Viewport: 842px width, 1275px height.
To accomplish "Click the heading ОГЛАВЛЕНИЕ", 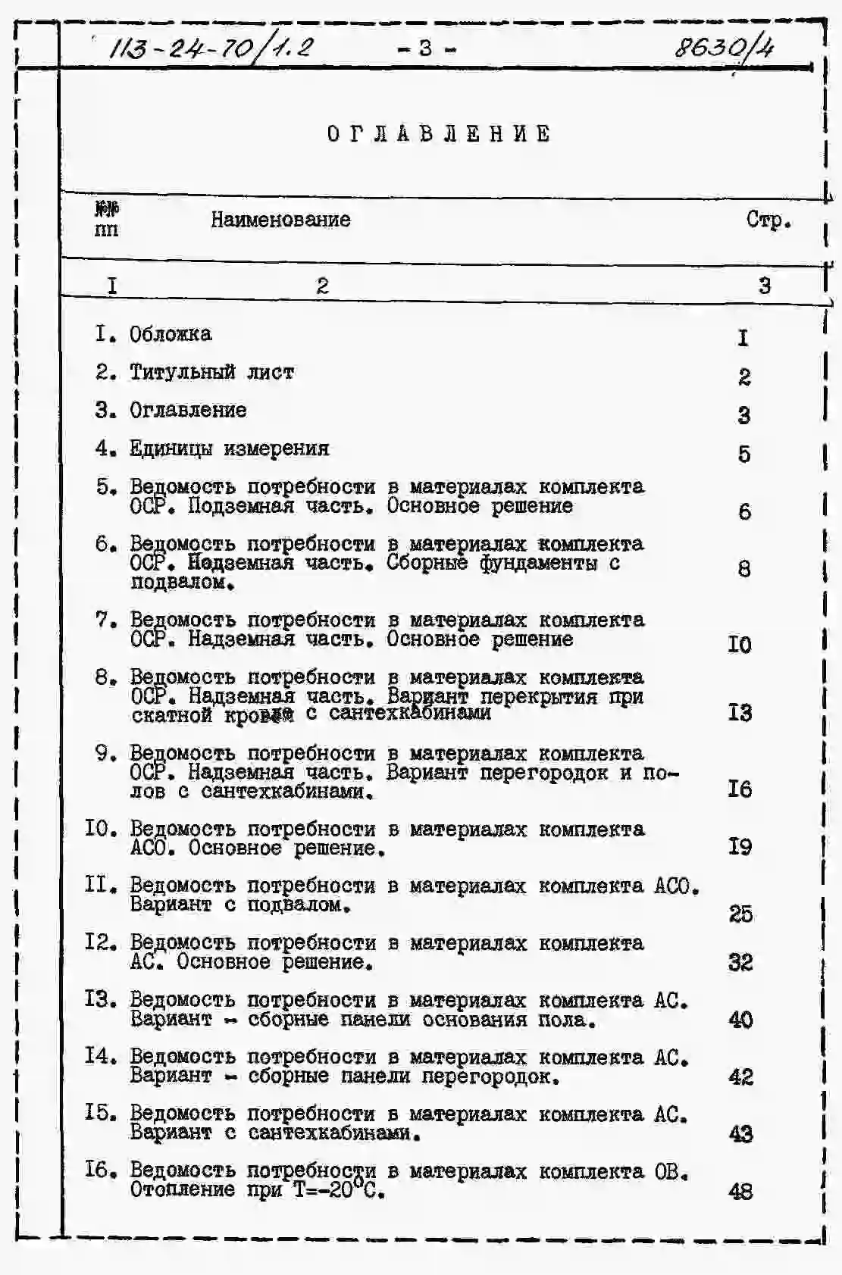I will click(x=439, y=134).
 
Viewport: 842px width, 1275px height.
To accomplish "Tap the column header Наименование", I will click(x=280, y=220).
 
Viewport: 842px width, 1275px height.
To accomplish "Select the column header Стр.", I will click(x=768, y=220).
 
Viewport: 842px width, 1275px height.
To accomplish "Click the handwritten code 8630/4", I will click(x=724, y=48).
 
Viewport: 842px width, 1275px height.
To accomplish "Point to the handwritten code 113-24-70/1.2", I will click(x=211, y=49).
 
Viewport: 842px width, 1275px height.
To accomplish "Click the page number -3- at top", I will click(x=426, y=48).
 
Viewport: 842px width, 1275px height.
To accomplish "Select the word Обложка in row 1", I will click(x=171, y=334).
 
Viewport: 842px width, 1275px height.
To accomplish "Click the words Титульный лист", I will click(x=211, y=372).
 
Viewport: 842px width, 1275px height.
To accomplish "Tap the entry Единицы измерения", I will click(x=229, y=448).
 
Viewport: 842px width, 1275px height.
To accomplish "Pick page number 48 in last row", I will click(x=740, y=1192).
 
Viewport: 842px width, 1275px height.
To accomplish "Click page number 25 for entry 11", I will click(x=740, y=914).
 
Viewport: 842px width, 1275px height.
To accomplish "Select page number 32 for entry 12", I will click(x=740, y=962).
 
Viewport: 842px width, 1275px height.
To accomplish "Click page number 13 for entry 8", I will click(x=740, y=713).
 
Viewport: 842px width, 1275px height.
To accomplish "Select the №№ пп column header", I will click(x=107, y=219).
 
